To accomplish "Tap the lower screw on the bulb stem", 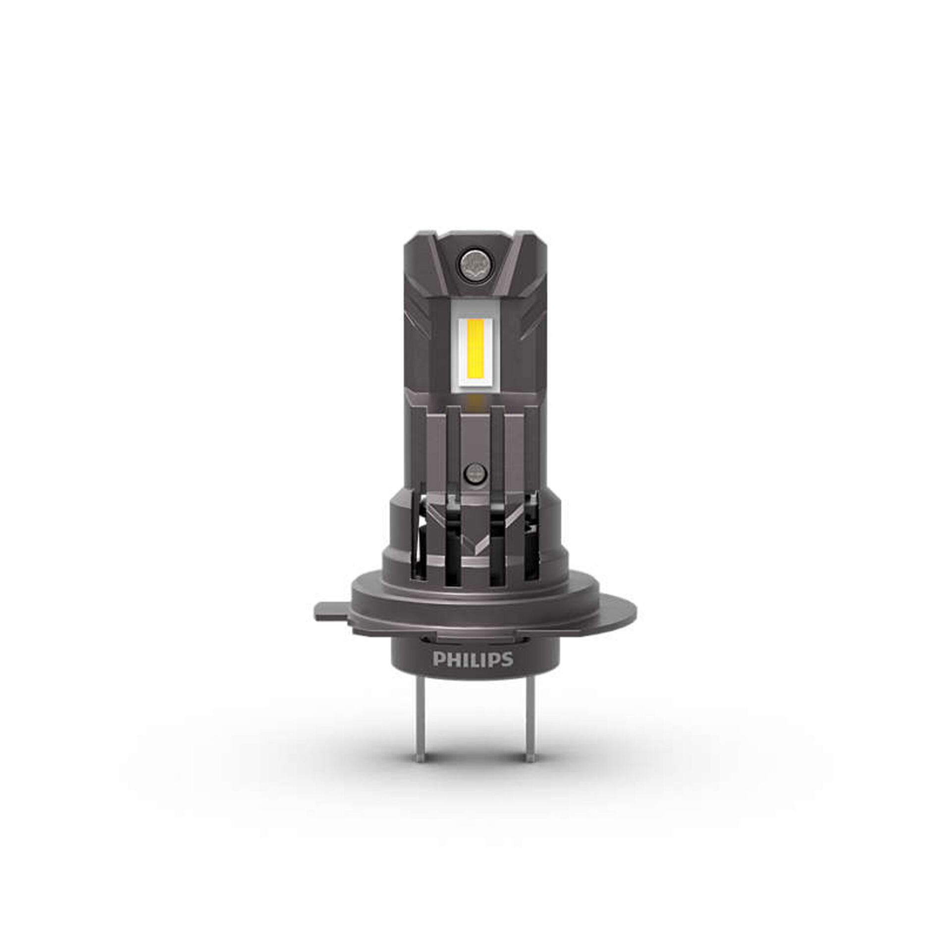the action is [475, 472].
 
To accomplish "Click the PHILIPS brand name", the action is [473, 660].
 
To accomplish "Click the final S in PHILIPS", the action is [507, 660].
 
